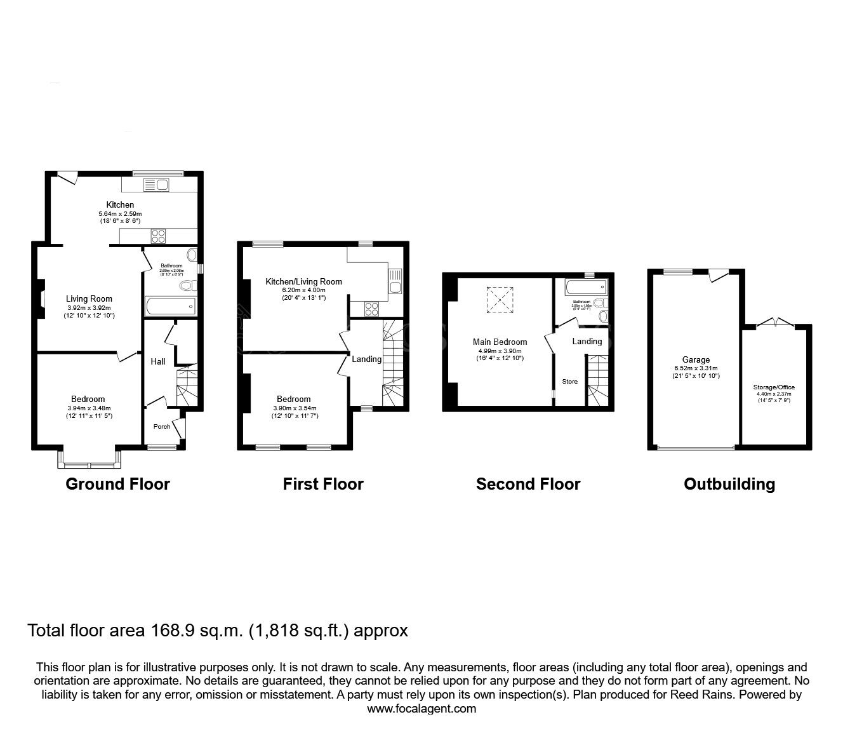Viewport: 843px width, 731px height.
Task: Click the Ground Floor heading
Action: point(117,484)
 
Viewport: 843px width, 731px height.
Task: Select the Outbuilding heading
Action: point(729,484)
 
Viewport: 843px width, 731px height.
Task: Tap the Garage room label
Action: point(696,359)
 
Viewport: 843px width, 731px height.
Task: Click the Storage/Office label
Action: point(774,387)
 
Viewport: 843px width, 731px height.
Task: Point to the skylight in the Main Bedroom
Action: point(500,300)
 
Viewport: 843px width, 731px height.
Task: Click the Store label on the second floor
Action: point(569,382)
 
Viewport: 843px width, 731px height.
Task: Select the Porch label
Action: point(162,426)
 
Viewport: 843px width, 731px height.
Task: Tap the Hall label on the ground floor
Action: point(158,361)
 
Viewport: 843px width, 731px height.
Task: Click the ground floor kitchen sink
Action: point(157,185)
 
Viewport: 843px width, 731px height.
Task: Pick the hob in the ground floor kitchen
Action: point(158,236)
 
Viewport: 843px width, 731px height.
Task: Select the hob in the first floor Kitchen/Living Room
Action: point(372,309)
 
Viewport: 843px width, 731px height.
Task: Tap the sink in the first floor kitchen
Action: point(395,281)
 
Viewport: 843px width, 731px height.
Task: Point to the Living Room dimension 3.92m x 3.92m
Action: point(90,307)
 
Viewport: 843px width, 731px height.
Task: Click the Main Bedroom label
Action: point(500,342)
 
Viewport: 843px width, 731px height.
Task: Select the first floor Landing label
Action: point(367,359)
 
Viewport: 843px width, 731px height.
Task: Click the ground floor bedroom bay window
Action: point(89,461)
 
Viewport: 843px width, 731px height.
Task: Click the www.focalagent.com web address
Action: point(421,709)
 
